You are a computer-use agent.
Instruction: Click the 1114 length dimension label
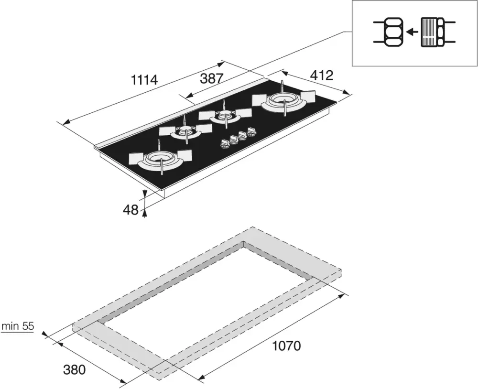point(144,80)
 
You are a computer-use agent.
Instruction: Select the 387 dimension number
point(212,79)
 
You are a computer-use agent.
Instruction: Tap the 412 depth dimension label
point(322,76)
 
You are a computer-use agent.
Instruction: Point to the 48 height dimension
point(131,210)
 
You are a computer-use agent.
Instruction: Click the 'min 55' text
point(18,326)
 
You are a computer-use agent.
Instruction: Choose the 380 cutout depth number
point(75,370)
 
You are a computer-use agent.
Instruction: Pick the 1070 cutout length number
point(286,346)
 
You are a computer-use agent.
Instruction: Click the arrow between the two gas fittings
point(413,32)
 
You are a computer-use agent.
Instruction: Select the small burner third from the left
point(225,115)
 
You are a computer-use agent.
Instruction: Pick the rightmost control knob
point(251,131)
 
